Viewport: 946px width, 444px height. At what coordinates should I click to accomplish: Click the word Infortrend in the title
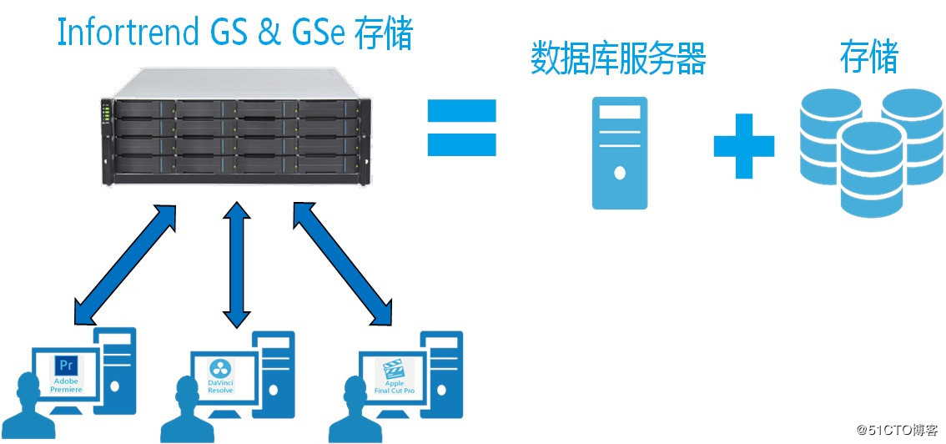[127, 33]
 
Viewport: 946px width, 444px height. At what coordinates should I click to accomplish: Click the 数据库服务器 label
[618, 59]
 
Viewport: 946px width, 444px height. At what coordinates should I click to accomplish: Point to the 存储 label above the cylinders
[869, 58]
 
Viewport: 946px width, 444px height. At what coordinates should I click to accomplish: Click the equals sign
[461, 128]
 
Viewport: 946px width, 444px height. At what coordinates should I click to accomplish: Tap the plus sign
[744, 146]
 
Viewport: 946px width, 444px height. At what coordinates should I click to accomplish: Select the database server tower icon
[620, 153]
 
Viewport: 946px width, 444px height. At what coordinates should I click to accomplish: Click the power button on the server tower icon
[620, 174]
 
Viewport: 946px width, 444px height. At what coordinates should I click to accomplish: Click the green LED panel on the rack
[107, 113]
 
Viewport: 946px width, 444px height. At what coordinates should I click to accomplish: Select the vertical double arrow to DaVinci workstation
[236, 265]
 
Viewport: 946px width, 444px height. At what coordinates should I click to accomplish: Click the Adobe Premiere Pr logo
[63, 366]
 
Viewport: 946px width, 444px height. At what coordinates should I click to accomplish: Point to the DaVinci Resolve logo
[217, 368]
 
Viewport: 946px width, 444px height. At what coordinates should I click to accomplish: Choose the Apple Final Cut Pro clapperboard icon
[392, 369]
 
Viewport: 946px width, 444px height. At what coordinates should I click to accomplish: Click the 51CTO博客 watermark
[897, 430]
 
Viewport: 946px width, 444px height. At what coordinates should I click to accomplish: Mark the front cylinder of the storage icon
[873, 169]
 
